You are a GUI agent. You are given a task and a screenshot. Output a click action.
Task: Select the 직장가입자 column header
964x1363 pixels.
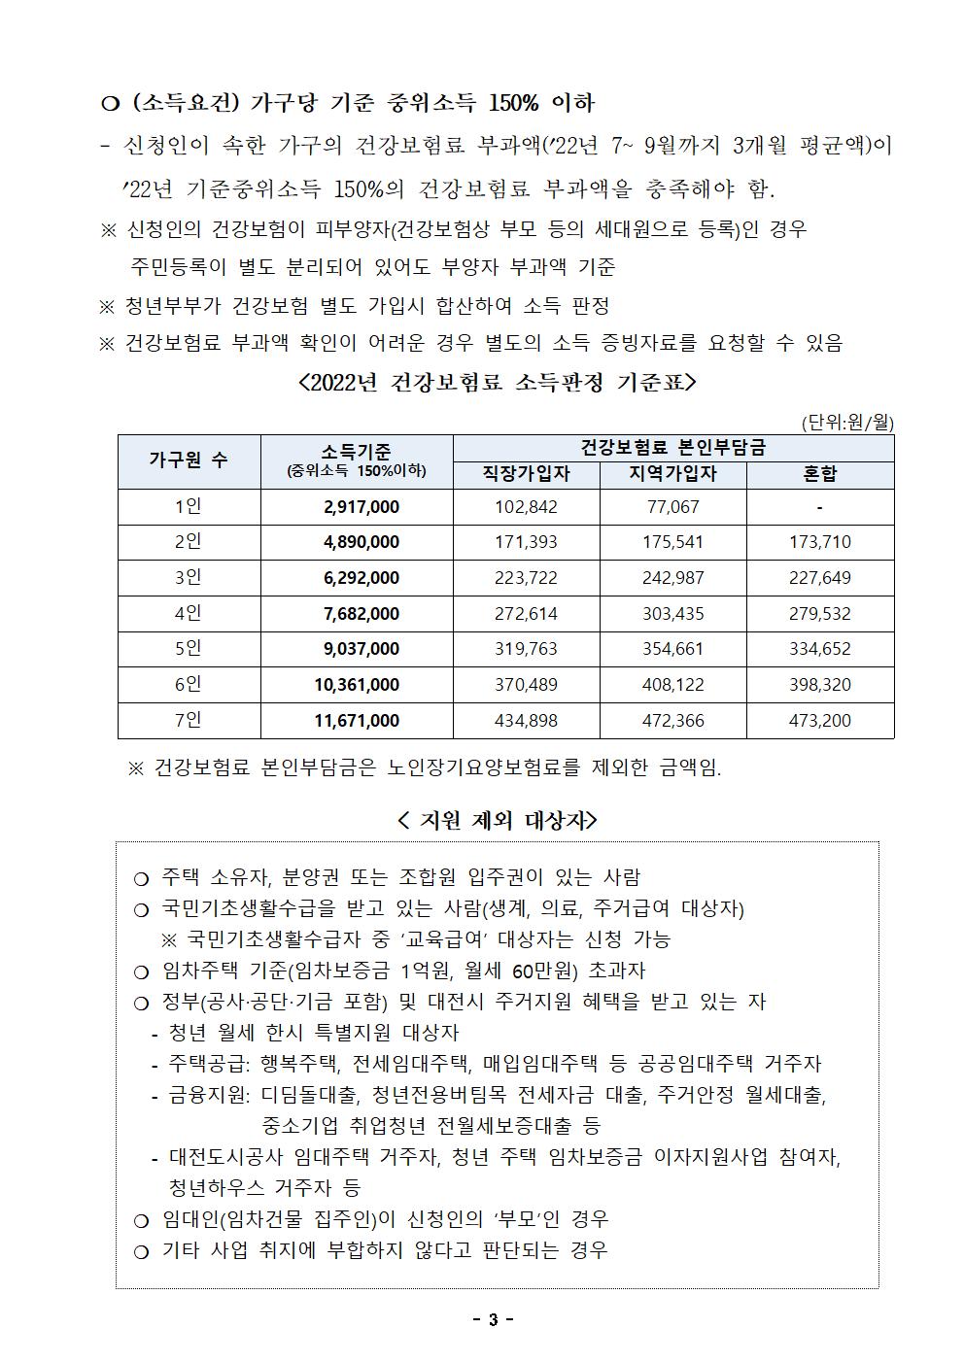coord(526,473)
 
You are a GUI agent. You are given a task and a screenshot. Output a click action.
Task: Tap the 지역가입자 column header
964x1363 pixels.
coord(672,473)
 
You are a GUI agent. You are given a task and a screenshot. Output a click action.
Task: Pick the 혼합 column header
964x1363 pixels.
coord(820,473)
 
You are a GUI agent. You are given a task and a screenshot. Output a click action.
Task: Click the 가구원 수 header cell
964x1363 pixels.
coord(189,460)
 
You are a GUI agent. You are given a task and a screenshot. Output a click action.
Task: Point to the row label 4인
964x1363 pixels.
coord(189,613)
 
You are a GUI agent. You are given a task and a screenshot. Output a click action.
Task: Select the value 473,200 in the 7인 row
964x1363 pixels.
coord(820,720)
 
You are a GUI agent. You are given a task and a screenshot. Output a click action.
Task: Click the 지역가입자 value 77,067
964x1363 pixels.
coord(672,506)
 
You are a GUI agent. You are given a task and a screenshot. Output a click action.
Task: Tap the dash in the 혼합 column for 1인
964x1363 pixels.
coord(820,506)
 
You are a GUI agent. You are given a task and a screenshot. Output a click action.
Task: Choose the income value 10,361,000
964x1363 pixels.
coord(357,684)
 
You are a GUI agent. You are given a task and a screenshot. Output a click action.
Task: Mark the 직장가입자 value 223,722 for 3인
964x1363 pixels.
coord(526,577)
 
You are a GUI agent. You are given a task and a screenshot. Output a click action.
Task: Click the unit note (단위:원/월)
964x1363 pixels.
coord(846,423)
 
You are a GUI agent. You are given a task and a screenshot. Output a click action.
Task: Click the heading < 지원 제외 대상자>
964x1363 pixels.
coord(498,820)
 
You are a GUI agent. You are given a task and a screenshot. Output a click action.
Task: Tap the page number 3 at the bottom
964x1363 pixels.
coord(493,1319)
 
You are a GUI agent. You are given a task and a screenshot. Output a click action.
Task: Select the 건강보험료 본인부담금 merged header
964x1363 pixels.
coord(672,447)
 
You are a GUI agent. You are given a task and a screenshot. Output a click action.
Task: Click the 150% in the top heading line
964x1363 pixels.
coord(516,103)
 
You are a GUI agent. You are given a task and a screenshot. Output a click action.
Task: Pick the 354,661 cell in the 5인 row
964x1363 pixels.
coord(672,648)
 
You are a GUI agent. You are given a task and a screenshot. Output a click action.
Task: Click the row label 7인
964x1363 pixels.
coord(189,720)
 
